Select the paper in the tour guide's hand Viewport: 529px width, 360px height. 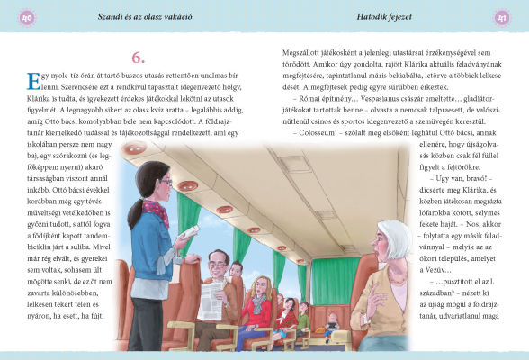coord(190,233)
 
